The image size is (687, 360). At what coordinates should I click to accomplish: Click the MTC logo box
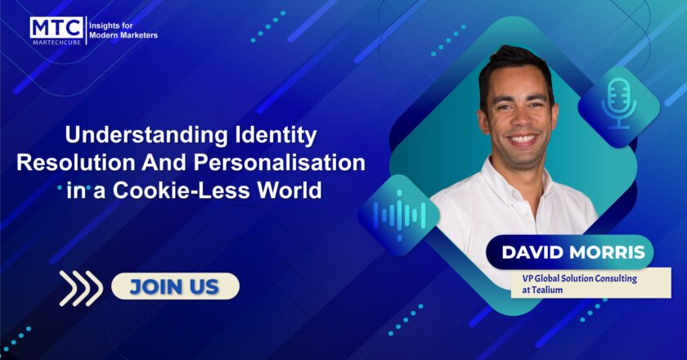pos(56,28)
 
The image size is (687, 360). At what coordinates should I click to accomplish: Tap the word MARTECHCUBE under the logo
pos(56,43)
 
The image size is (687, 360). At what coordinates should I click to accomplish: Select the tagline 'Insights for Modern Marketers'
pos(123,30)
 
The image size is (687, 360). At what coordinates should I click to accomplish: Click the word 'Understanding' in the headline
pos(146,135)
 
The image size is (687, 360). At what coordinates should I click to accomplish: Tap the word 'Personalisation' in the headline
pos(280,163)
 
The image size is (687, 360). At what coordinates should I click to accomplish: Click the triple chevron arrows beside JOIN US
pos(81,288)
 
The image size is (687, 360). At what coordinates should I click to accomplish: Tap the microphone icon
pos(618,103)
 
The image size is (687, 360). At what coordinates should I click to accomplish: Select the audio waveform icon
pos(399,215)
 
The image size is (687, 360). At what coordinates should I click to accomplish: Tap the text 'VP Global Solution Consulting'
pos(579,278)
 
